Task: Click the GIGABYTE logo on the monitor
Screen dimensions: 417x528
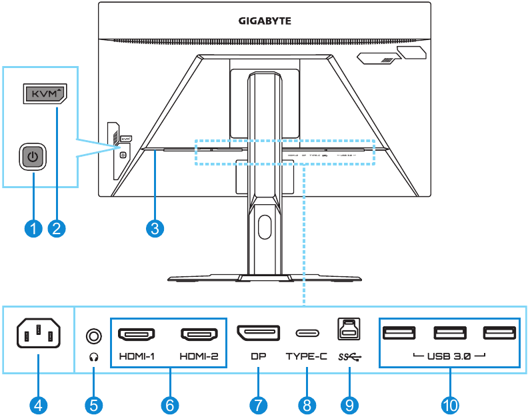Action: tap(265, 21)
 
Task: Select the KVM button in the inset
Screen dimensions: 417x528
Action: tap(45, 95)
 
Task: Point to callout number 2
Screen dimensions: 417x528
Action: tap(57, 228)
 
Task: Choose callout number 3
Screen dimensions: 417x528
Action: tap(155, 228)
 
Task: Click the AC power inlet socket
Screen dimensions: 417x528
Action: tap(38, 332)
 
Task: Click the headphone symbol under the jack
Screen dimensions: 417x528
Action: tap(94, 356)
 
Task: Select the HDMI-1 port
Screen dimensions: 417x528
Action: tap(137, 334)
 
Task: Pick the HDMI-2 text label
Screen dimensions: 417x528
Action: tap(199, 356)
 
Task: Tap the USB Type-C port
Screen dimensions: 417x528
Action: tap(307, 334)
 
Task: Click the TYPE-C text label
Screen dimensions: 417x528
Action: tap(307, 356)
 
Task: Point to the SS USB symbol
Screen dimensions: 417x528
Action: tap(349, 356)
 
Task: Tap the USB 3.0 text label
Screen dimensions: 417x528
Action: tap(448, 356)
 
